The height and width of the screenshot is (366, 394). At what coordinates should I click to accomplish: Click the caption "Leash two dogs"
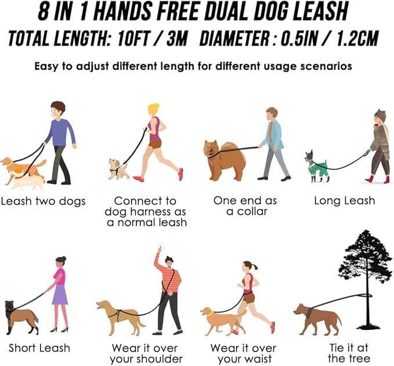43,202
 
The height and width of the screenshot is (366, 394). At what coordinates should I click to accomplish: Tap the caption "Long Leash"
344,201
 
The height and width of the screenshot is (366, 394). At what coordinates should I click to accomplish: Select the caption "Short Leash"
39,348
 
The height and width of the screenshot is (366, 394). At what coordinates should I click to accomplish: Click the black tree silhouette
365,267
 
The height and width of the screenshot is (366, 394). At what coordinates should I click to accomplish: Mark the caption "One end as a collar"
245,206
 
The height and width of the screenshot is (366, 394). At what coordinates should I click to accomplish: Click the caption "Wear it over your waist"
243,353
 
